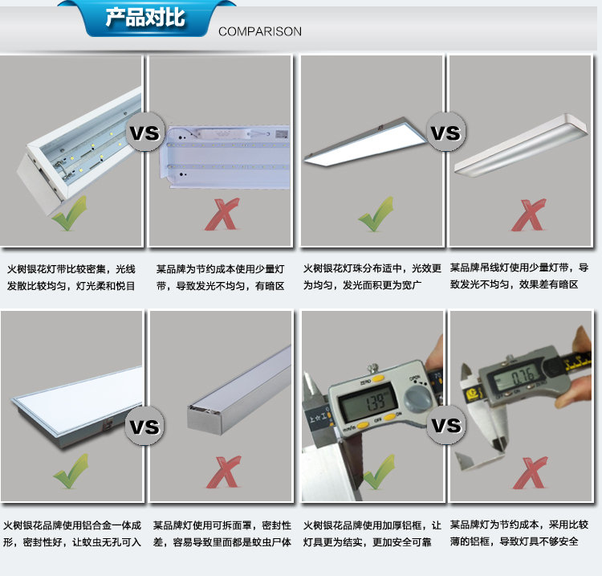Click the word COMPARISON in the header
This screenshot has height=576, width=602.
click(x=260, y=31)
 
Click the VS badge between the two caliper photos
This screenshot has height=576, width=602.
click(x=445, y=425)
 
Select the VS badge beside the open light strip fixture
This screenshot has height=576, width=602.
click(x=144, y=132)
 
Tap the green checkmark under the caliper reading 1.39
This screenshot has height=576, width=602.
click(x=379, y=472)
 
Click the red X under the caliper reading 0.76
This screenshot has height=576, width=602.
click(x=530, y=472)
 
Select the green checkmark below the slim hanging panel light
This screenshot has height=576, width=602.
click(x=376, y=214)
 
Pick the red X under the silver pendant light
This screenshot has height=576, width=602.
click(x=528, y=214)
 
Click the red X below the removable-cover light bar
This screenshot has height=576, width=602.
click(x=224, y=472)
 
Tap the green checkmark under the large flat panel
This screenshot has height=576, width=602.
click(x=71, y=471)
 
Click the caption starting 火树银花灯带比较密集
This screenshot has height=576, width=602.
click(x=71, y=277)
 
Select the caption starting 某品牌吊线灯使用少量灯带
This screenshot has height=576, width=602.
click(x=519, y=276)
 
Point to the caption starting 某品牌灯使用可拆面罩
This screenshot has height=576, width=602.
click(x=222, y=533)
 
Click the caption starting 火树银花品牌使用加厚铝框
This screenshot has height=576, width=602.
click(x=372, y=533)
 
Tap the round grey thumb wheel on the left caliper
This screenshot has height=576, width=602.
click(x=417, y=398)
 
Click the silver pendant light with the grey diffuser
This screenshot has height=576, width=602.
click(x=521, y=145)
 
